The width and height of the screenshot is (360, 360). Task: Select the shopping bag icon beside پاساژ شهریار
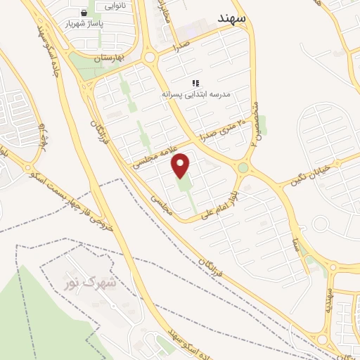[x=84, y=13]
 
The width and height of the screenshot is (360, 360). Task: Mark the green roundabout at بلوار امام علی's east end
[x=243, y=167]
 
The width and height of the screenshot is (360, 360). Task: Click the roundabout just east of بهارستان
[x=149, y=57]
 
